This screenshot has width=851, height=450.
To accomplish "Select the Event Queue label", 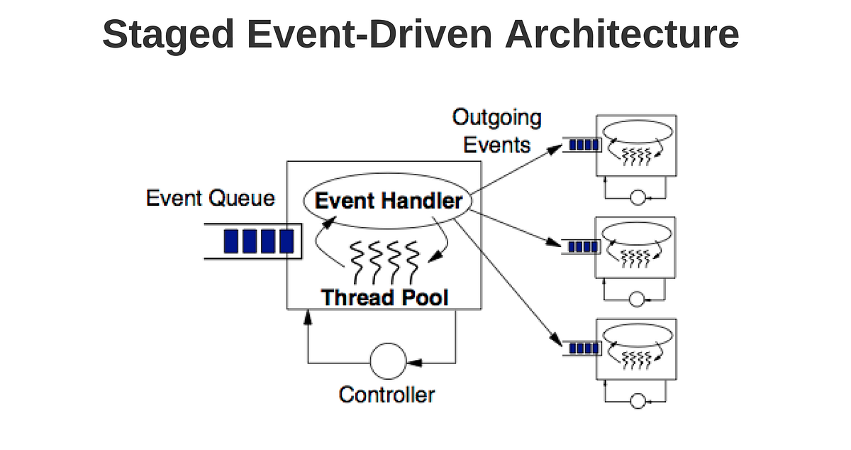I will [210, 198].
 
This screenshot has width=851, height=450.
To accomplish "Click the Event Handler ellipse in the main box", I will [388, 201].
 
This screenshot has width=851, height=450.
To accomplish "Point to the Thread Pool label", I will [384, 297].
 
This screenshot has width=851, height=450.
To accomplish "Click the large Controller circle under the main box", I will [386, 361].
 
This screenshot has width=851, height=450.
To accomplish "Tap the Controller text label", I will [386, 394].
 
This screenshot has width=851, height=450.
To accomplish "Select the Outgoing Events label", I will [496, 131].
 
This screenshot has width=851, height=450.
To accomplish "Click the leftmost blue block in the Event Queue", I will [231, 241].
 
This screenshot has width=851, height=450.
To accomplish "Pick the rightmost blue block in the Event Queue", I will [286, 241].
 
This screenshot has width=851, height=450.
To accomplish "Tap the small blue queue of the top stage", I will [583, 146].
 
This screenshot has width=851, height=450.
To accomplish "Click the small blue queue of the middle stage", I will [583, 247].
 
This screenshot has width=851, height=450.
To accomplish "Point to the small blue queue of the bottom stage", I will [583, 349].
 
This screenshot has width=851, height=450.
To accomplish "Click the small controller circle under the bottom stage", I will [638, 402].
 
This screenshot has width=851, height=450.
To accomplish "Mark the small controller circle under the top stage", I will [638, 198].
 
